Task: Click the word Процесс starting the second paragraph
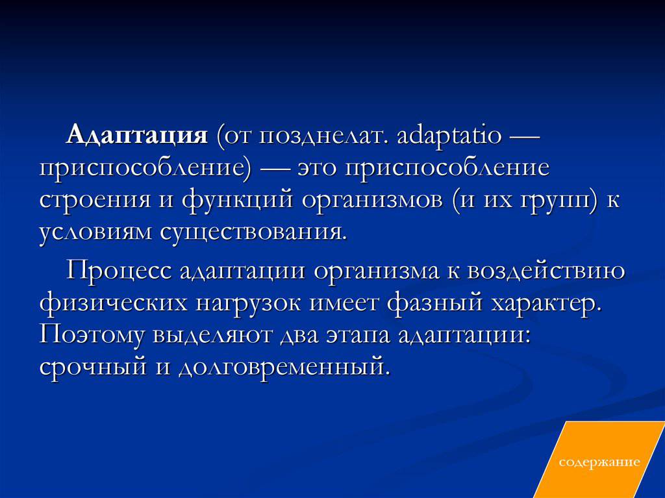tap(119, 271)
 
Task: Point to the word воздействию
tap(546, 271)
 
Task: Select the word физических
tap(113, 303)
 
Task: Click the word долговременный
tap(284, 367)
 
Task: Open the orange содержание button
tap(599, 462)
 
